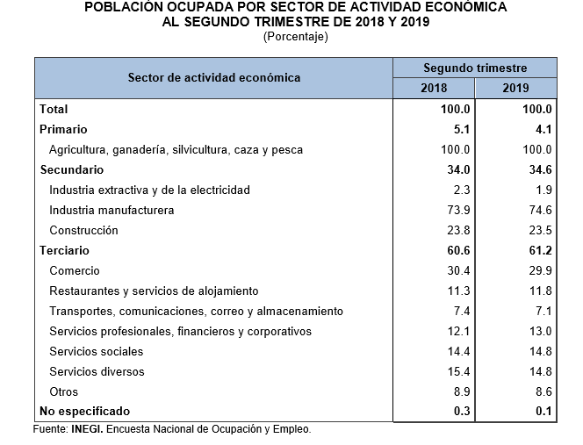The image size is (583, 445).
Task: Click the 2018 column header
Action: point(434,88)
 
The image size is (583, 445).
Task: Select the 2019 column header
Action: point(515,88)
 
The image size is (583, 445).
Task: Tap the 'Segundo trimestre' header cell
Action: point(474,68)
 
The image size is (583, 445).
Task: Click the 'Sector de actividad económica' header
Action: point(213,77)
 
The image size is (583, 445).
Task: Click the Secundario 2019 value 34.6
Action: point(538,169)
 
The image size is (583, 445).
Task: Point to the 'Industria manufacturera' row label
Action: point(112,211)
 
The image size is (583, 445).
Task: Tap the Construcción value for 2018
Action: point(457,231)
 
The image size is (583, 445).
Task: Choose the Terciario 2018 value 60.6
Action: point(457,251)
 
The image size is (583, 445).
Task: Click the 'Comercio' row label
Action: point(75,271)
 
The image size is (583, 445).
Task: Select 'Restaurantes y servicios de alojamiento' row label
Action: point(154,291)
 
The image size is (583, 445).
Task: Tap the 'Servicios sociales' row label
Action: point(97,352)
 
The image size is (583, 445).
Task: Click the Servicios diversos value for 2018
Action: point(457,372)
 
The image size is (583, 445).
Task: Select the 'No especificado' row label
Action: point(84,412)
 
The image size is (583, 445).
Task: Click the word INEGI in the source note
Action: point(89,430)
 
